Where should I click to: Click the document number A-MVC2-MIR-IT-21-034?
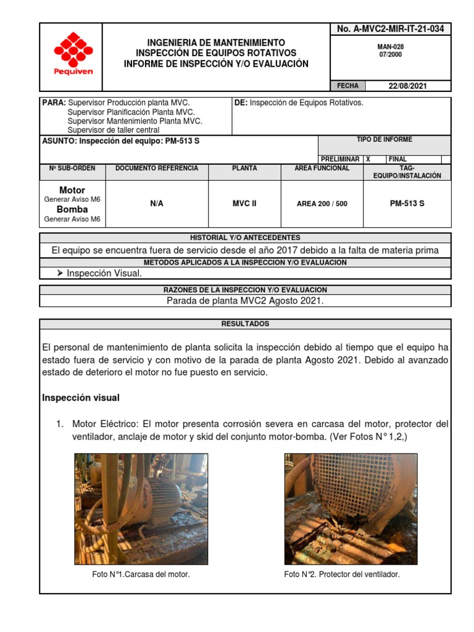tap(390, 29)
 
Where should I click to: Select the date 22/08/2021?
tap(407, 86)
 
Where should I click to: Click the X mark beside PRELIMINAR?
tap(368, 159)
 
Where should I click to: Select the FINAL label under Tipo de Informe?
tap(397, 159)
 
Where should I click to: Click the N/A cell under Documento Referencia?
tap(157, 204)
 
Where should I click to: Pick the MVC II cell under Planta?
tap(244, 204)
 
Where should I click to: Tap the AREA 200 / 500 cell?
tap(322, 204)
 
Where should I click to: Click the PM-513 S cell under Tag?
tap(407, 204)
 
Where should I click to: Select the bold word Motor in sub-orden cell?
tap(72, 190)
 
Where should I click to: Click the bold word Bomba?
tap(72, 209)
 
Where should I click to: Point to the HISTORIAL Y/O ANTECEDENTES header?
tap(245, 238)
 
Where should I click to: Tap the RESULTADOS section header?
tap(245, 324)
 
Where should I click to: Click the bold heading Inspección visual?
tap(80, 398)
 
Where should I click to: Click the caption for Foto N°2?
tap(342, 575)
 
